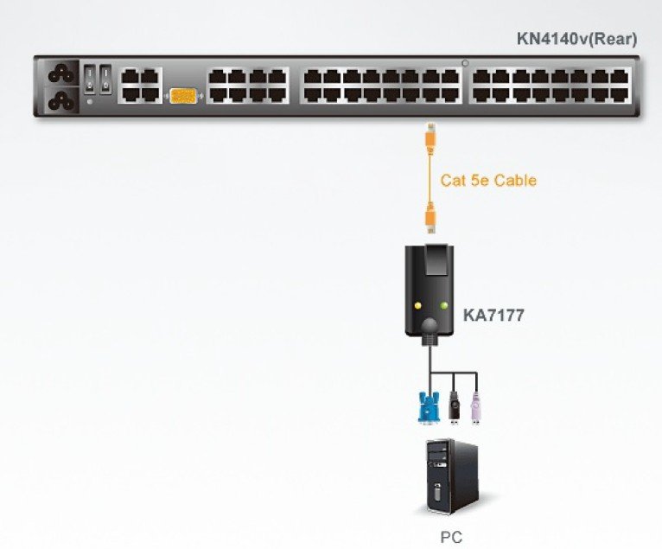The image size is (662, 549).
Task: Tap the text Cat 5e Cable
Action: [488, 181]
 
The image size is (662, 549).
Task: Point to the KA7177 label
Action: [493, 315]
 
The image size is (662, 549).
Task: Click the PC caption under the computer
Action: [451, 537]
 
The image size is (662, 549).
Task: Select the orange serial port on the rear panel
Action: [183, 96]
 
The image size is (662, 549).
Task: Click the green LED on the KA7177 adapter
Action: [444, 305]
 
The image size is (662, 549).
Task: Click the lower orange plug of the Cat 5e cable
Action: [430, 216]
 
